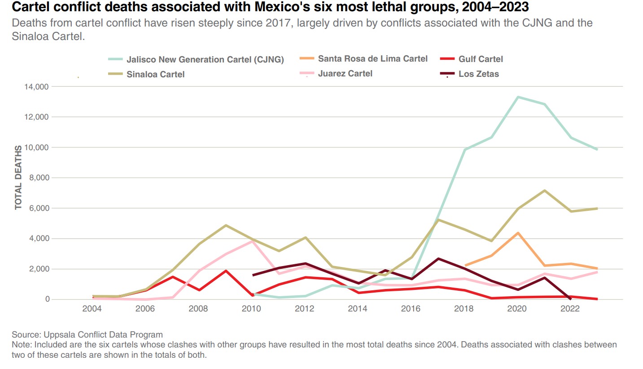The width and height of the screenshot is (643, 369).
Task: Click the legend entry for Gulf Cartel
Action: [480, 59]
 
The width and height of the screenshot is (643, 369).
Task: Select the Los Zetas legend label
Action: [478, 74]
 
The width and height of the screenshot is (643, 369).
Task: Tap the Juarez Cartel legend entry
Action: [345, 73]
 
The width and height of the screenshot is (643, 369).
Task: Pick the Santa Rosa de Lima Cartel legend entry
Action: [372, 58]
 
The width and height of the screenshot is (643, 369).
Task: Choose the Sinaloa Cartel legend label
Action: [155, 74]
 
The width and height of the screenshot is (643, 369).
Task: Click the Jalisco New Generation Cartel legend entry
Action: [205, 60]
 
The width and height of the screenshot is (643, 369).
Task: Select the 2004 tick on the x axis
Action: [92, 308]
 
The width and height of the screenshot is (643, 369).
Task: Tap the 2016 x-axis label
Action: [411, 308]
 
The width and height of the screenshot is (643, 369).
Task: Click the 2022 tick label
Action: [570, 308]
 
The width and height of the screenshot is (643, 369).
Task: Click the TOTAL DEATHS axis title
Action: [18, 177]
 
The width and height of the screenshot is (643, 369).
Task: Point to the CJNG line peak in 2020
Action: [517, 97]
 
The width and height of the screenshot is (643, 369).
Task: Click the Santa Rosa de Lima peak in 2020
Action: [518, 233]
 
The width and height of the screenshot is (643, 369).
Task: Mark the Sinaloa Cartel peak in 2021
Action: [544, 191]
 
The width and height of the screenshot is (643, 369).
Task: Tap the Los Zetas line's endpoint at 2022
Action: [570, 299]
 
